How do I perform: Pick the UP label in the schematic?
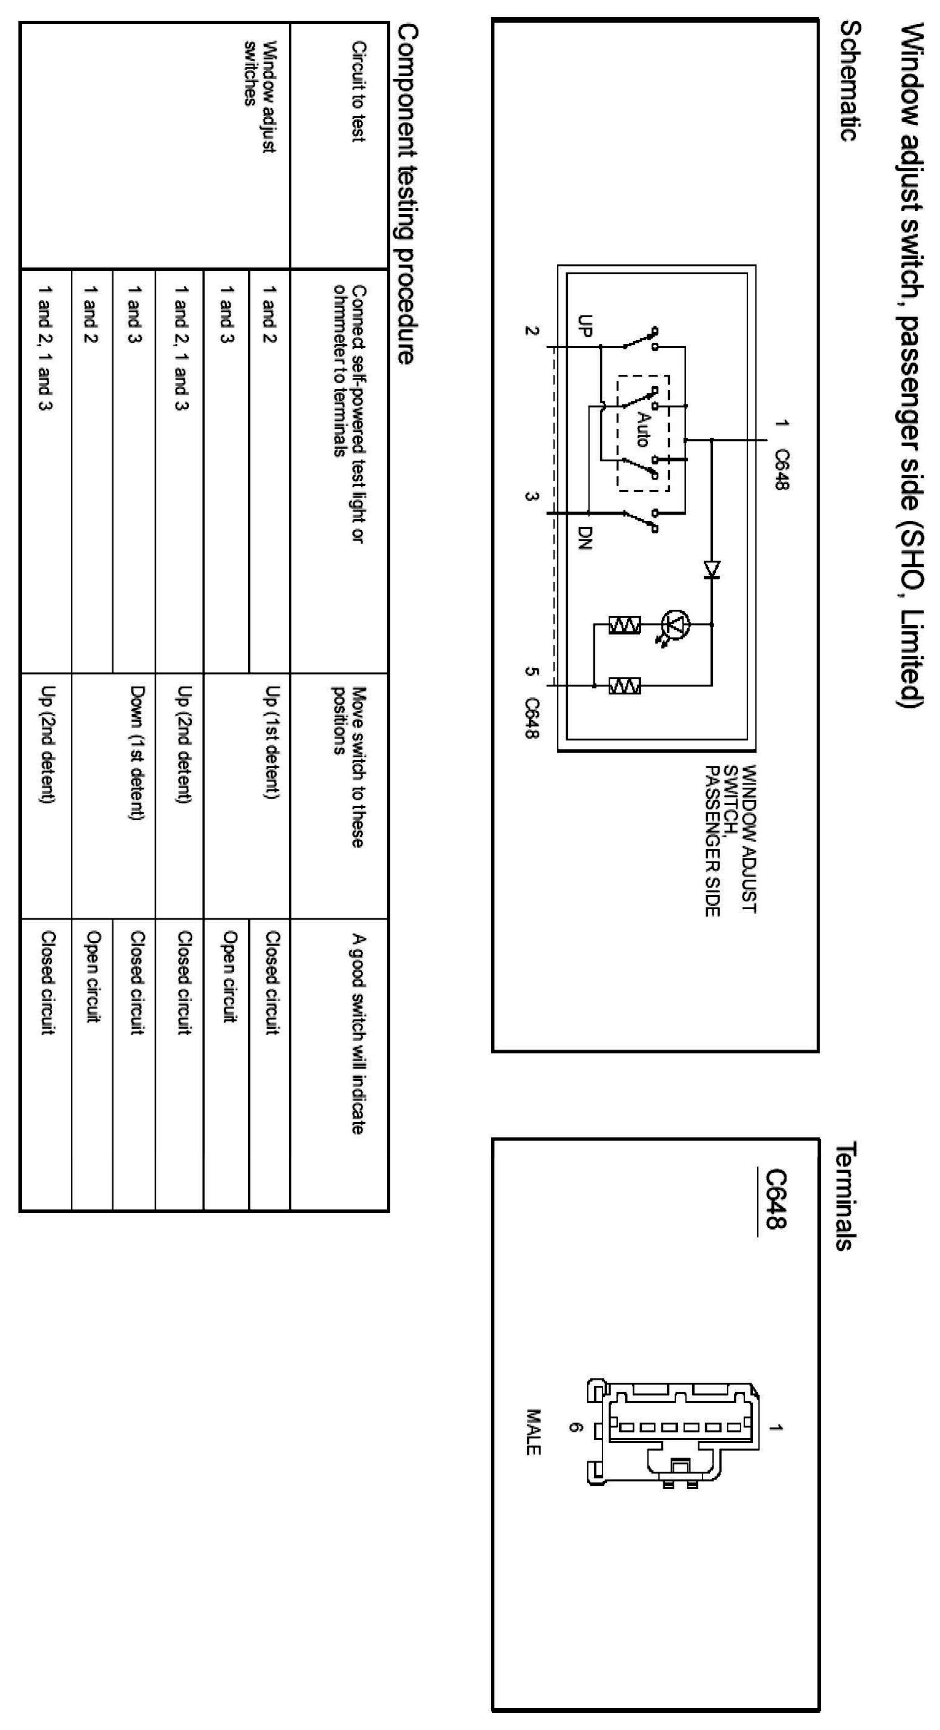point(585,326)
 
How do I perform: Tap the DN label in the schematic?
point(585,537)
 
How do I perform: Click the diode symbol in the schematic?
point(712,569)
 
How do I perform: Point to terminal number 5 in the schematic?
point(531,672)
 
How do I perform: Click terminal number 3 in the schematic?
point(531,497)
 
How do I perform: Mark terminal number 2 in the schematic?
point(531,331)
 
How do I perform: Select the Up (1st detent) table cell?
point(271,742)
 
